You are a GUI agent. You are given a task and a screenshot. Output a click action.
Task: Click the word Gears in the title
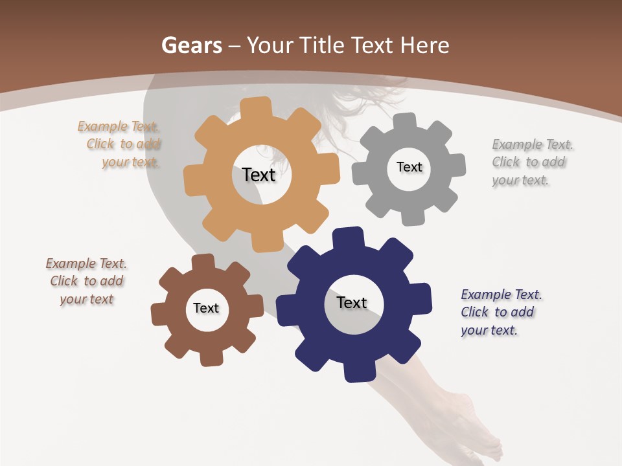191,45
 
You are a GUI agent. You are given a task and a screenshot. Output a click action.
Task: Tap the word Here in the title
424,45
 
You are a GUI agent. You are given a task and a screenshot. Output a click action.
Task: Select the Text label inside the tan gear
259,175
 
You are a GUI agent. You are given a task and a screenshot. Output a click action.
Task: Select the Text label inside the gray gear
409,167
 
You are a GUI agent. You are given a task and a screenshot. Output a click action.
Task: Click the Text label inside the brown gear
206,308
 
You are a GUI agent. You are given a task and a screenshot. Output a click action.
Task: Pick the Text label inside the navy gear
352,302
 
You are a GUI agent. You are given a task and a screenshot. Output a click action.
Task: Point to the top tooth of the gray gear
405,121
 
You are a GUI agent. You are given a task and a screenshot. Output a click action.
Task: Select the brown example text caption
86,281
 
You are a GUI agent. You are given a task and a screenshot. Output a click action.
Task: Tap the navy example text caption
499,312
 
